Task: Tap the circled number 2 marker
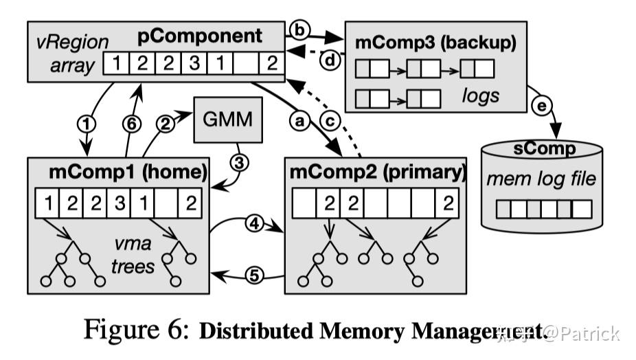166,124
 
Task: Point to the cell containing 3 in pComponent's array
194,65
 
